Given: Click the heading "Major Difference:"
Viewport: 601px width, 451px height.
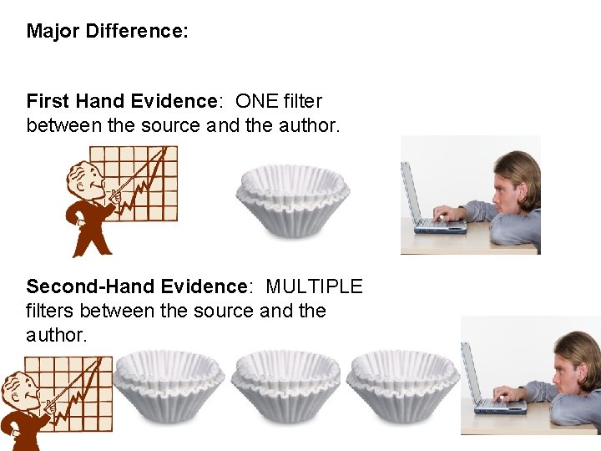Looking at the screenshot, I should [107, 32].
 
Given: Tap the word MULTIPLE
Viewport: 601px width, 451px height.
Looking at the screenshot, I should [314, 286].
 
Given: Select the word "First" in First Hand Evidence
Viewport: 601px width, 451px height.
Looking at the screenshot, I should [48, 101].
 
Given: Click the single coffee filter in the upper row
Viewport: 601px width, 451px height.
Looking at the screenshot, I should [291, 200].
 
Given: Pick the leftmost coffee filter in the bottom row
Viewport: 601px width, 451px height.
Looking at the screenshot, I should [169, 386].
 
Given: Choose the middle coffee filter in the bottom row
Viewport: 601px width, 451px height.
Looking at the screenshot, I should [285, 386].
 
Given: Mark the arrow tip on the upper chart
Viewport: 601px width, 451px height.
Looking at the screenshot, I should [173, 151].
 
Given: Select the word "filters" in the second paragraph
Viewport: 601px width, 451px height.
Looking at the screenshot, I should [54, 311].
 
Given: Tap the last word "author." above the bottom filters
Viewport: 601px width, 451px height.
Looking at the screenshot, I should [56, 335].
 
